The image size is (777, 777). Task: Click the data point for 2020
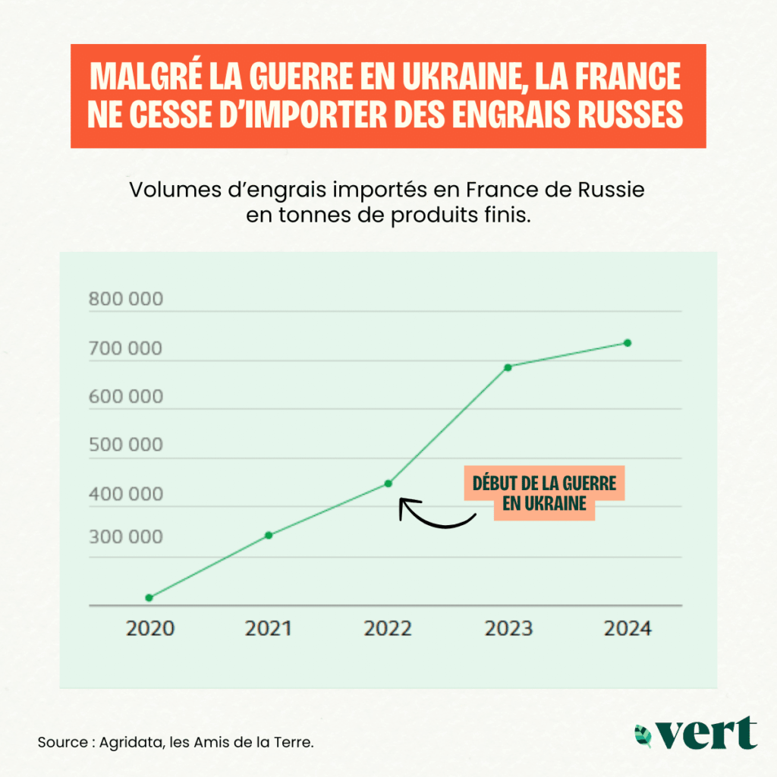click(149, 598)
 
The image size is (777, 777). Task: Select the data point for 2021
click(269, 535)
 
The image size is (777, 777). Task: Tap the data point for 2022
click(388, 483)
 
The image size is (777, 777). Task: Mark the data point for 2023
click(508, 367)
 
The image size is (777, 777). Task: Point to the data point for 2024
click(628, 343)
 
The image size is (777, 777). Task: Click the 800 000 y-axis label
click(125, 299)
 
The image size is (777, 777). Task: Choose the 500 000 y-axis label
click(125, 445)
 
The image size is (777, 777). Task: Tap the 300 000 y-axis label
click(125, 537)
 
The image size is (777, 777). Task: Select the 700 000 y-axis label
click(125, 349)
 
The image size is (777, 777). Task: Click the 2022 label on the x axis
click(388, 629)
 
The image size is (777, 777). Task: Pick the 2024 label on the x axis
click(628, 629)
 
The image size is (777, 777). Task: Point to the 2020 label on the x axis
click(149, 629)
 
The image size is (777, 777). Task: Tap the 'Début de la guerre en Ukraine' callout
click(544, 493)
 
